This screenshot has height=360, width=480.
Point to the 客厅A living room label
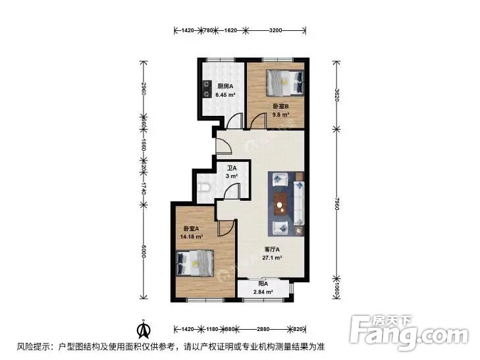point(273,249)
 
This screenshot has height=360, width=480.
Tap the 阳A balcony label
point(262,284)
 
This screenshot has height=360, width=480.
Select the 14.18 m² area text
point(191,237)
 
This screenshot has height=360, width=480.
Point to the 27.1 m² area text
point(273,258)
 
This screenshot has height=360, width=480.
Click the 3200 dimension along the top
point(276,30)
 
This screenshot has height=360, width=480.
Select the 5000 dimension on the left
point(143,252)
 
